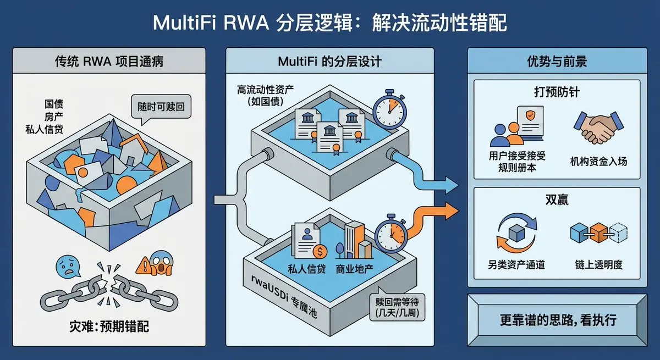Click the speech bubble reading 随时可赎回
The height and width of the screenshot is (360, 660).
coord(160,107)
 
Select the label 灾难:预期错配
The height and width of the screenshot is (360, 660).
coord(109,326)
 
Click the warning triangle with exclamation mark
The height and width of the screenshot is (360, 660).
coord(145,265)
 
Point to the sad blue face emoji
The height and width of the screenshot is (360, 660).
coord(67,266)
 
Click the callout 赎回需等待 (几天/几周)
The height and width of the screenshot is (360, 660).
coord(396,308)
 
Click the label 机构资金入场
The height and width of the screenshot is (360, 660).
coord(598,162)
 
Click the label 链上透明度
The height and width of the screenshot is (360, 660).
coord(598,265)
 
